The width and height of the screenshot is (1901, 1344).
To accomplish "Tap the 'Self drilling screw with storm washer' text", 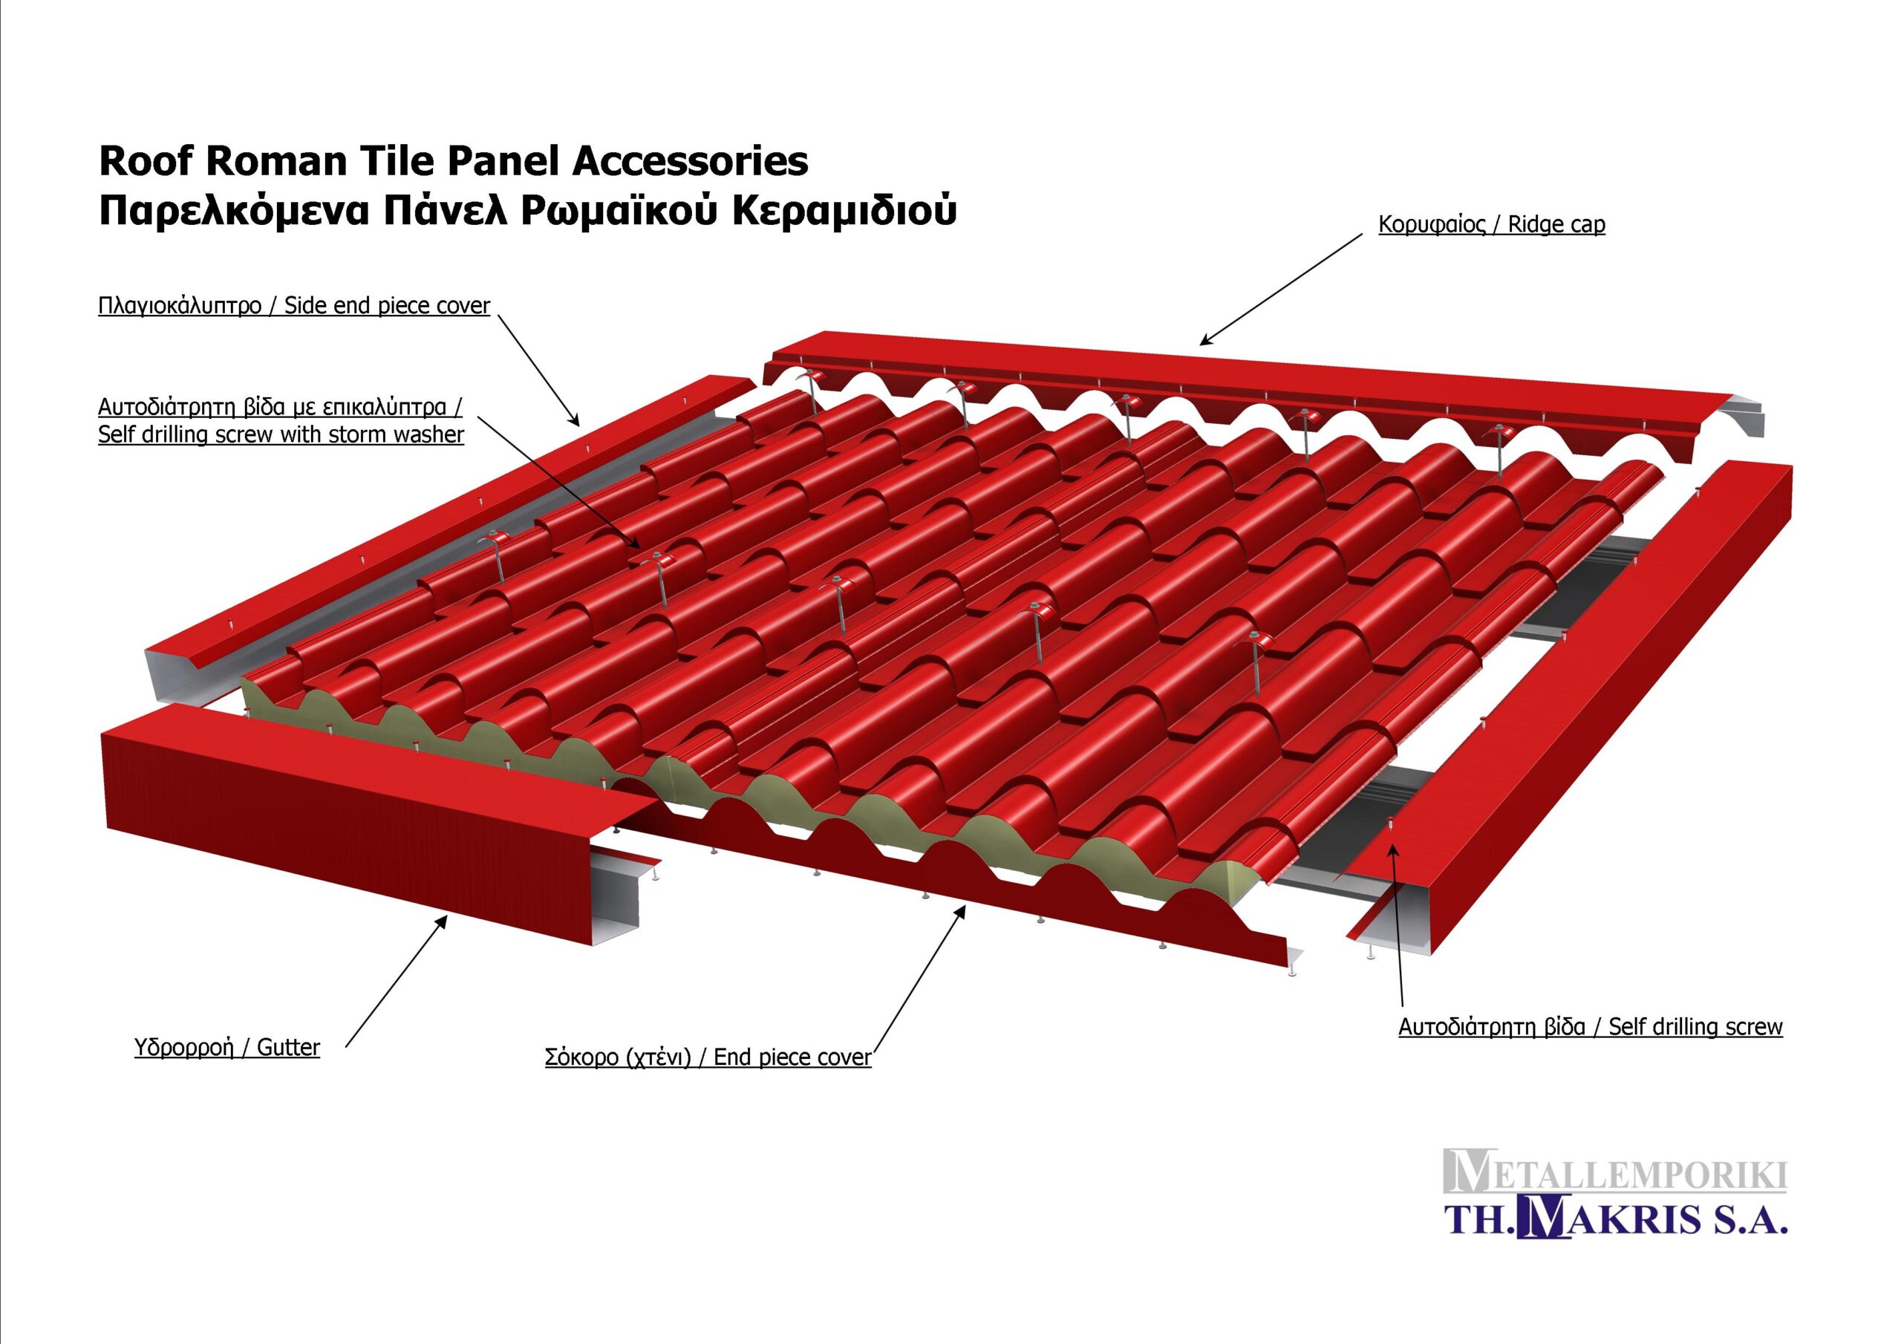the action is click(281, 434).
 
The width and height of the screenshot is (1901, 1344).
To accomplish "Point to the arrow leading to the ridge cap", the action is click(1282, 288).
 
